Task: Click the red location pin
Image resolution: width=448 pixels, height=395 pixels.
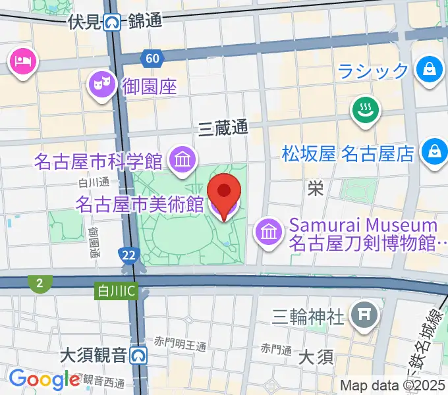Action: pyautogui.click(x=224, y=192)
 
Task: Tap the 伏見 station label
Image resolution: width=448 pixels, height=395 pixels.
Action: pyautogui.click(x=84, y=22)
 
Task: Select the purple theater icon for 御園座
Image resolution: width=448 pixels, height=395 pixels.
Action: pyautogui.click(x=101, y=84)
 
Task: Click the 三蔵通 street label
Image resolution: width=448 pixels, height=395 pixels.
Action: pyautogui.click(x=223, y=128)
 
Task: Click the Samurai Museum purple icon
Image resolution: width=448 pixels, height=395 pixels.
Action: pyautogui.click(x=268, y=231)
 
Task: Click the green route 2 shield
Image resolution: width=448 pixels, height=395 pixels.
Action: pyautogui.click(x=40, y=284)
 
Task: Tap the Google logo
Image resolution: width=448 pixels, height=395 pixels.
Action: pyautogui.click(x=44, y=379)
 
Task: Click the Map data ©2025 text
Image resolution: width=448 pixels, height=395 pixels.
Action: pyautogui.click(x=392, y=385)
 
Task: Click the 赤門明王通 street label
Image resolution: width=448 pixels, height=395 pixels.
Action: pyautogui.click(x=181, y=343)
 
